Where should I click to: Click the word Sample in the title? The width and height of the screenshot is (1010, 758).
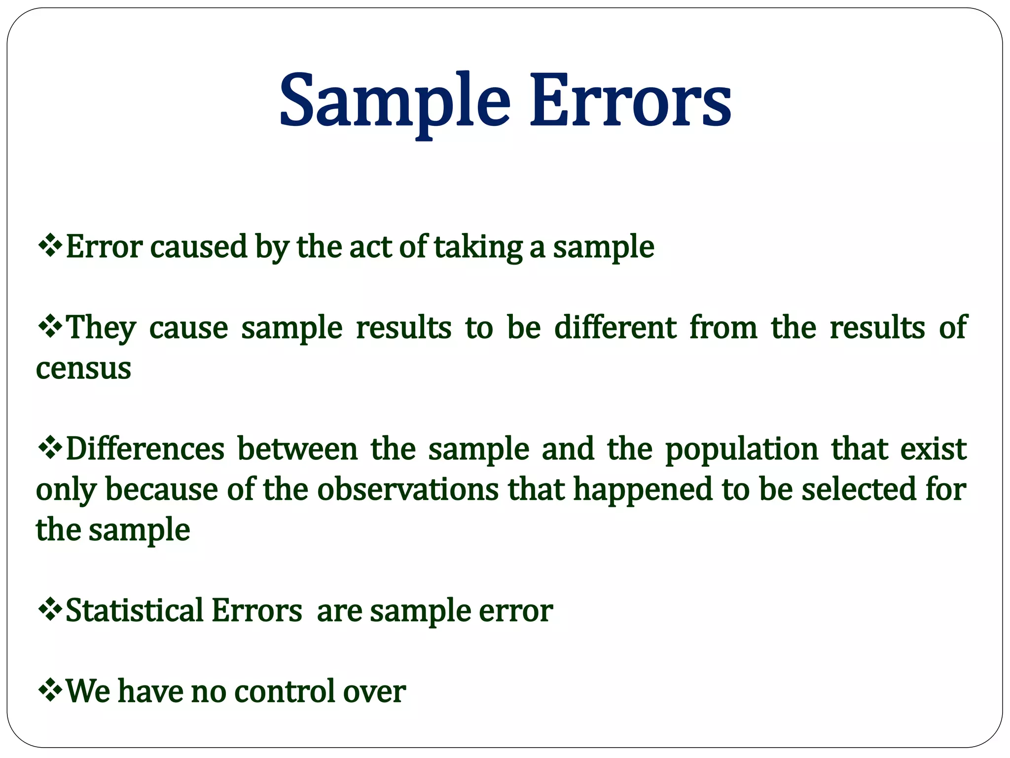[x=395, y=101]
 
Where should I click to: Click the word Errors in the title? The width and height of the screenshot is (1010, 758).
[x=630, y=101]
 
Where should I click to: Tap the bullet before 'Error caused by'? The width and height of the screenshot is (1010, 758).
[x=50, y=245]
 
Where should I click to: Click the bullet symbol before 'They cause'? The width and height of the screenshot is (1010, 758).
[x=50, y=326]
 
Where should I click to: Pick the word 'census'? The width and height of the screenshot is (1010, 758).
[x=83, y=369]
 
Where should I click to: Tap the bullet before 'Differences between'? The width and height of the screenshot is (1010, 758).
[x=50, y=448]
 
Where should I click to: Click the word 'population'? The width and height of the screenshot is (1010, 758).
[x=742, y=450]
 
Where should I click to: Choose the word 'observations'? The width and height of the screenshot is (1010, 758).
[x=407, y=490]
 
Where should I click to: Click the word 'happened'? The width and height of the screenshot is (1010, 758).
[x=643, y=491]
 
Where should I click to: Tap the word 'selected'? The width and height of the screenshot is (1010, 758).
[x=858, y=490]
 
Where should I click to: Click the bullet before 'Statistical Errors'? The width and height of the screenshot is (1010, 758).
[x=50, y=609]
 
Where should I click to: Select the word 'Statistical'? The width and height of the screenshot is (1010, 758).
[x=134, y=610]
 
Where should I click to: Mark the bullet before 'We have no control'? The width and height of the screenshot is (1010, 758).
[x=50, y=689]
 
